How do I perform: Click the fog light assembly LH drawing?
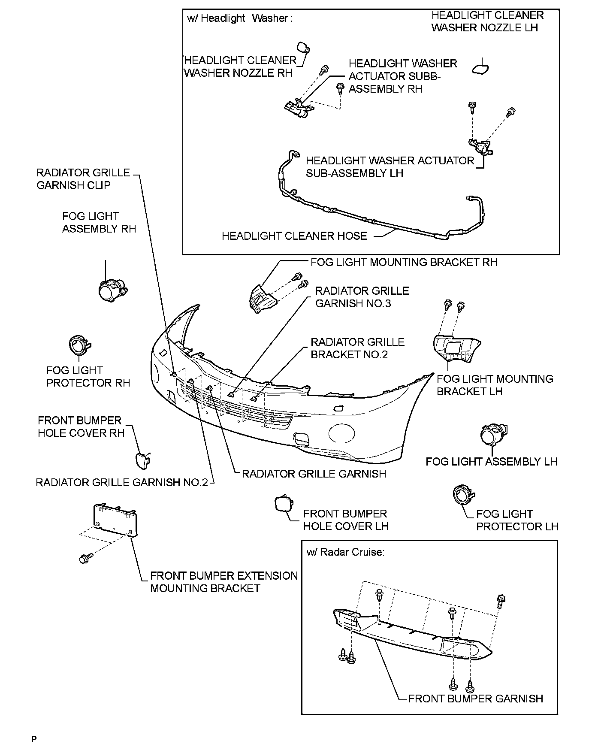[x=492, y=436]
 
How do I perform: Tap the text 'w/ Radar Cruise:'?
[x=345, y=552]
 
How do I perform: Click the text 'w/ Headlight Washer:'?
[x=240, y=18]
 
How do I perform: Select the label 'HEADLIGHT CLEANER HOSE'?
[x=294, y=236]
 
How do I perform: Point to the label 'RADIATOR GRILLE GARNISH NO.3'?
[x=362, y=297]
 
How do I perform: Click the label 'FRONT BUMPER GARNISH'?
[x=475, y=699]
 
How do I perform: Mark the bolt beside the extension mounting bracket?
[x=84, y=558]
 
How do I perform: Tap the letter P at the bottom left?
[x=34, y=738]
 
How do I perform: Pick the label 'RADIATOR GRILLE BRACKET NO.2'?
[x=357, y=348]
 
